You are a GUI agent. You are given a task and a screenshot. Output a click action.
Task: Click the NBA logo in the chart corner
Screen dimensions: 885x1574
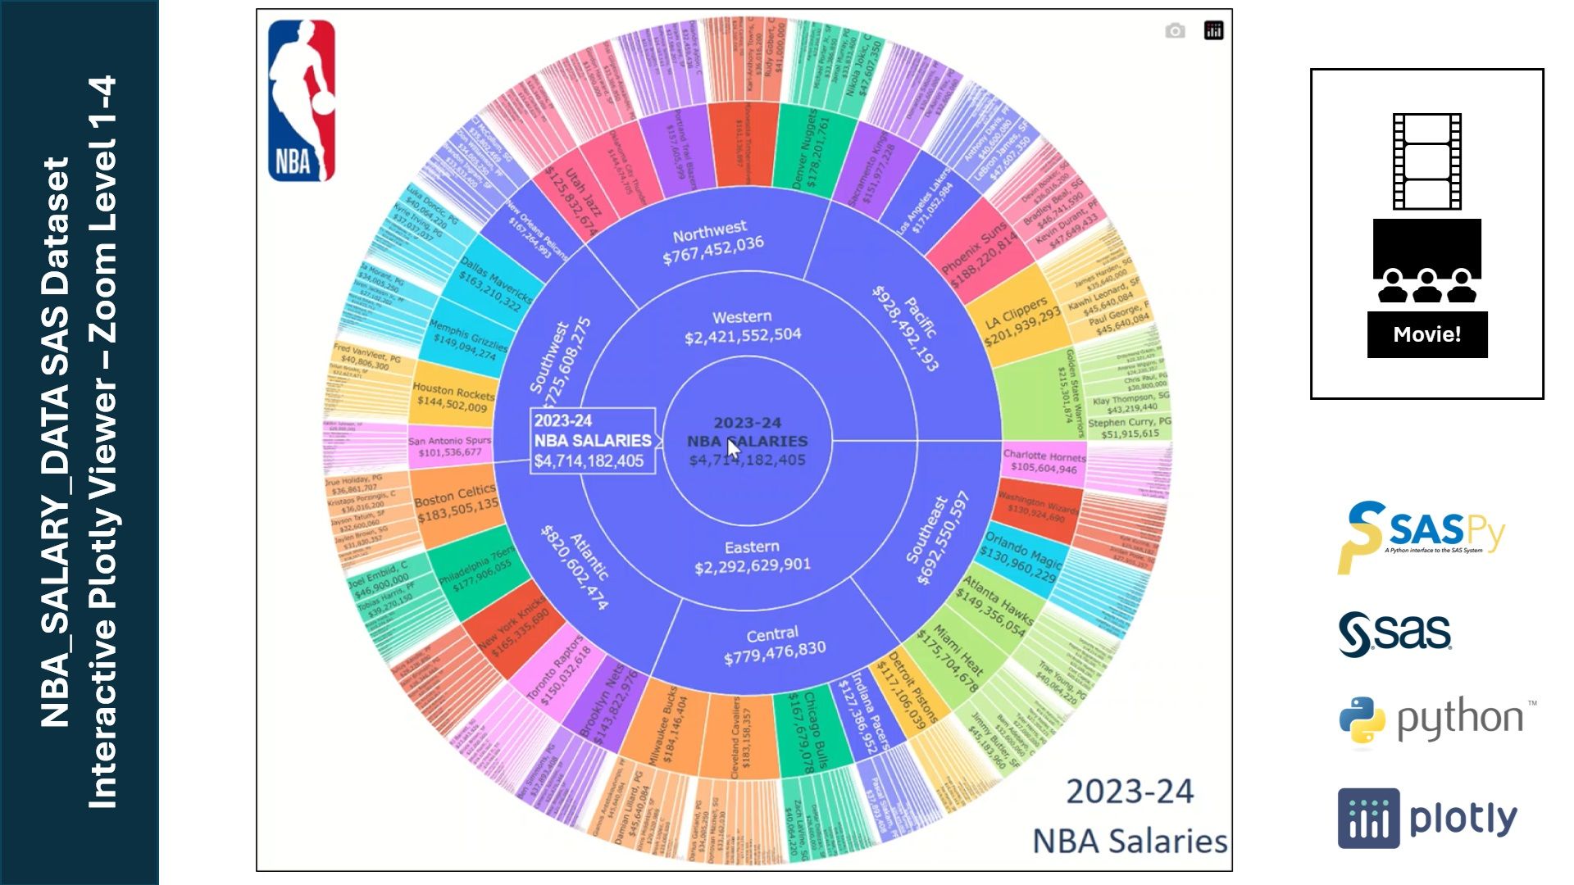tap(302, 100)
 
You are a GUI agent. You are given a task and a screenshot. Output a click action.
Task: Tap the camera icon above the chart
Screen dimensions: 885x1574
tap(1175, 31)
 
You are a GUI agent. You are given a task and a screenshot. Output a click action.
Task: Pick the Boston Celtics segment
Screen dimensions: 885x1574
tap(456, 503)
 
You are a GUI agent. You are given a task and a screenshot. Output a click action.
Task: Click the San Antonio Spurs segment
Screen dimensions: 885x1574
tap(450, 447)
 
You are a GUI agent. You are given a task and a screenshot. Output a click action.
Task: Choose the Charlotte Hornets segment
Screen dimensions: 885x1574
tap(1044, 461)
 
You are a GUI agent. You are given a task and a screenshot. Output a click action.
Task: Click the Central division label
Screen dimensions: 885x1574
tap(774, 645)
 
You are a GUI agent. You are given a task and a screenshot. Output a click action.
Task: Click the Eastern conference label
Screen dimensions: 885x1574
tap(752, 556)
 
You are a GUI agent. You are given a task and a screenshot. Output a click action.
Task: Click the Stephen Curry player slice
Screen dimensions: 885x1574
tap(1129, 428)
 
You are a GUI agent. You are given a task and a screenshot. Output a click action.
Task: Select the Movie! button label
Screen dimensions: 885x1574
tap(1426, 334)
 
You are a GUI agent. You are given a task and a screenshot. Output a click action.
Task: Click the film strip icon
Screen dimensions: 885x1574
tap(1426, 161)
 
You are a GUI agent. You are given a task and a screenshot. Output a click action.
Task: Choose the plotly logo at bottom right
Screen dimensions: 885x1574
tap(1427, 818)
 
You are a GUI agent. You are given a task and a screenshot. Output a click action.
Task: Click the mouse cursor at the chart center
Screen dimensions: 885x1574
tap(733, 450)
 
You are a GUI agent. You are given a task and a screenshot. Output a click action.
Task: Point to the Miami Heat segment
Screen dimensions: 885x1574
tap(956, 658)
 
